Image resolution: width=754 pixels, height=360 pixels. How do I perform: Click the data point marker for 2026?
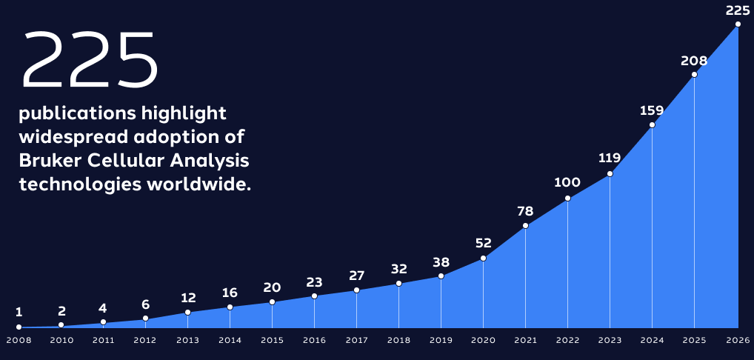coord(738,24)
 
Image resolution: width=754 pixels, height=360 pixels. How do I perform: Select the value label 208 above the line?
coord(694,61)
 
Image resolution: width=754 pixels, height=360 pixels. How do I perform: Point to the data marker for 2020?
coord(483,258)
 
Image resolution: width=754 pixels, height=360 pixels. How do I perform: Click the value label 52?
coord(483,243)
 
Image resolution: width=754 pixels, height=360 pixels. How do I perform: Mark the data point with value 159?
coord(652,124)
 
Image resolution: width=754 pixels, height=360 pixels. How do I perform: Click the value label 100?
coord(567,182)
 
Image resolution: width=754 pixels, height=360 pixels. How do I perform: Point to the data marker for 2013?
coord(187,312)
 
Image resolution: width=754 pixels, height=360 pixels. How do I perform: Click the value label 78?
coord(525,212)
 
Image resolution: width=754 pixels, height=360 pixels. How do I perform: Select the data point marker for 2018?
coord(398,283)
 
